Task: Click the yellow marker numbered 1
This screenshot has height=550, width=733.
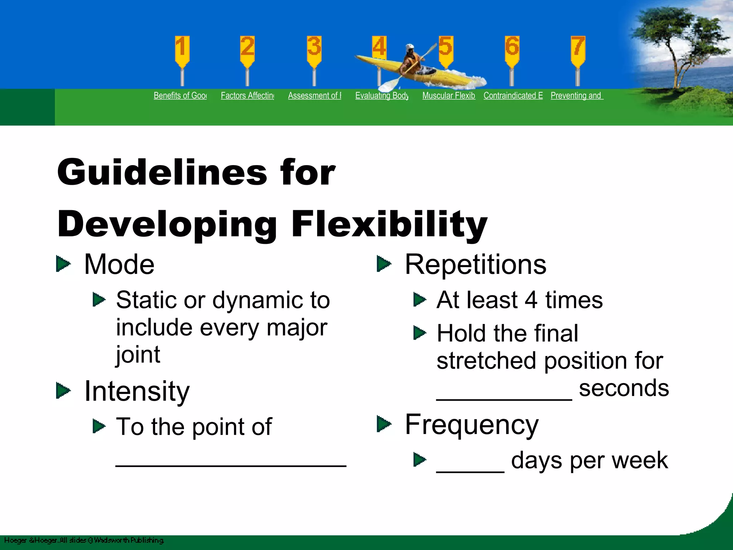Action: tap(182, 50)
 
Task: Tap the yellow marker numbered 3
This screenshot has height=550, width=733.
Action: tap(314, 50)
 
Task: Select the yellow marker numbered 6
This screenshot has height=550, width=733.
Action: tap(512, 50)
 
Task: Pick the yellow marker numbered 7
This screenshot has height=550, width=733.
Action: tap(578, 50)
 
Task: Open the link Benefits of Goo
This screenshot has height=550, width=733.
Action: tap(180, 96)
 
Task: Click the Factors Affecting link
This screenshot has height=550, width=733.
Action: tap(247, 96)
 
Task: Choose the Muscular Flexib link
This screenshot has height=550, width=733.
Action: tap(448, 96)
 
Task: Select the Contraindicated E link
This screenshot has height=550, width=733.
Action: tap(513, 96)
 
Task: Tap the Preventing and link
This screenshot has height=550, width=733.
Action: tap(577, 96)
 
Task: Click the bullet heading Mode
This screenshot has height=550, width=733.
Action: tap(119, 265)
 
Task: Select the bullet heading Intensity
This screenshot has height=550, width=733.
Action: tap(137, 391)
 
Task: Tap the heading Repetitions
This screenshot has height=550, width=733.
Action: tap(475, 265)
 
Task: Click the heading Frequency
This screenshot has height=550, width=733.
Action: tap(471, 425)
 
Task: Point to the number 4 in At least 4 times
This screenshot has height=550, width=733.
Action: tap(531, 300)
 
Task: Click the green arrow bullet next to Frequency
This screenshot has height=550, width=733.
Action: tap(384, 424)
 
